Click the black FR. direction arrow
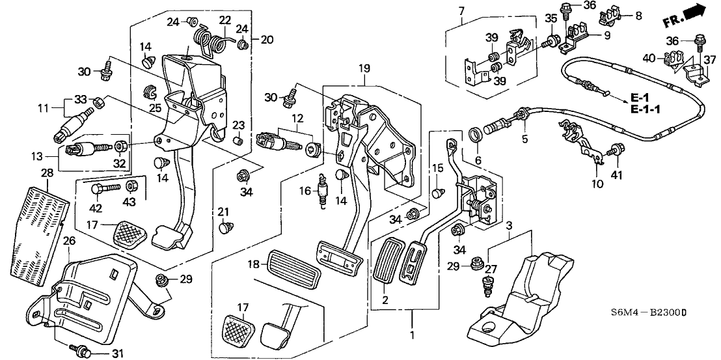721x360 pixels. tap(694, 12)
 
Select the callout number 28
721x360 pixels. tap(46, 173)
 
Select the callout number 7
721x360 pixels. tap(461, 10)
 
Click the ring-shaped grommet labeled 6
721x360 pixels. tap(476, 135)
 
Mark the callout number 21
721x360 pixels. tap(223, 212)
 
